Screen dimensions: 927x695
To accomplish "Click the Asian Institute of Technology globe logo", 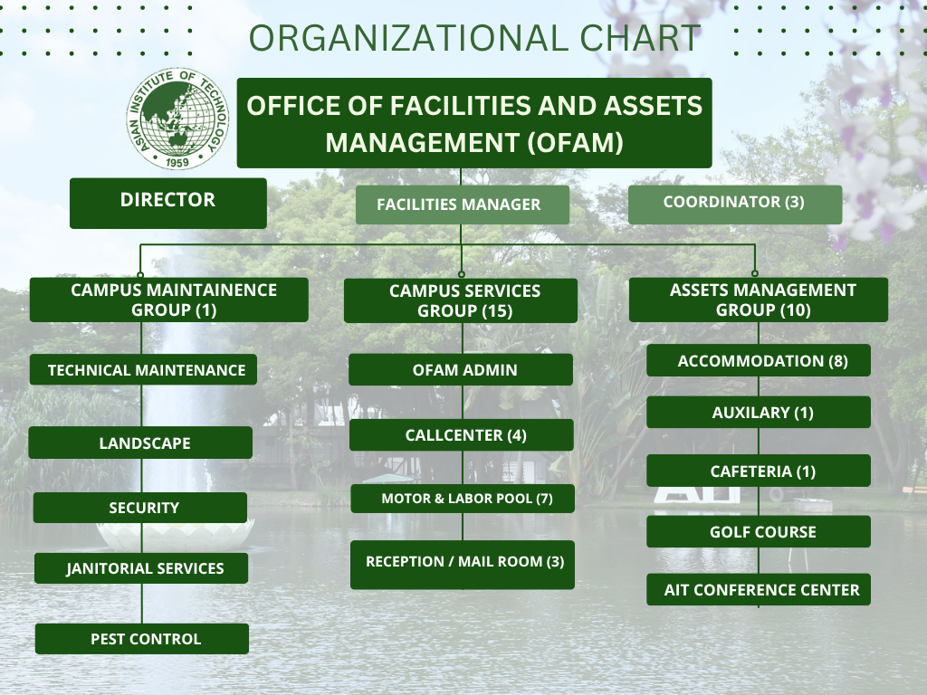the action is click(x=177, y=119).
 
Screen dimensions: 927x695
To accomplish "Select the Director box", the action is click(x=167, y=203).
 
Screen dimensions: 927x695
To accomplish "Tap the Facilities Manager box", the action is click(x=463, y=205).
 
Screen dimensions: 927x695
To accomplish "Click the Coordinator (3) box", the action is click(x=735, y=204).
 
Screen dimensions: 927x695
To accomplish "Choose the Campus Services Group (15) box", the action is click(x=461, y=300).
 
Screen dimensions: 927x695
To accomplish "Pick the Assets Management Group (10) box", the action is click(x=759, y=300).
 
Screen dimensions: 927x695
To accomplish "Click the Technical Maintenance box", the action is click(x=143, y=369).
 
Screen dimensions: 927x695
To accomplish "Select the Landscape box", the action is click(x=140, y=443).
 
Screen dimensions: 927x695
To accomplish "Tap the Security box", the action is click(x=140, y=508).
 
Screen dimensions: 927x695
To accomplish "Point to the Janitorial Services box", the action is click(x=141, y=568).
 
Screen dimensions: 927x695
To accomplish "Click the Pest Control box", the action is click(x=142, y=638).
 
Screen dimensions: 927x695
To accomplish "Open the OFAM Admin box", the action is click(x=461, y=369).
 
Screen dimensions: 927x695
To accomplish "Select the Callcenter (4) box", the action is click(x=461, y=435).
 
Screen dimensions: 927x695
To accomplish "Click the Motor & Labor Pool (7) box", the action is click(x=463, y=499).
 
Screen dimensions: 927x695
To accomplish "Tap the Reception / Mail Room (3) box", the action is click(x=463, y=565).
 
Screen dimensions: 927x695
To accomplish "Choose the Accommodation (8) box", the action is click(x=759, y=360).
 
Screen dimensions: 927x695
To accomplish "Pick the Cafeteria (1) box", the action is click(x=759, y=471).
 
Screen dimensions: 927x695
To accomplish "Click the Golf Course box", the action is click(x=759, y=531).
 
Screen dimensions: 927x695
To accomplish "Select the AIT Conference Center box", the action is click(x=759, y=589).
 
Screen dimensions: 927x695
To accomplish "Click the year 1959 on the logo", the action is click(x=177, y=162).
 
